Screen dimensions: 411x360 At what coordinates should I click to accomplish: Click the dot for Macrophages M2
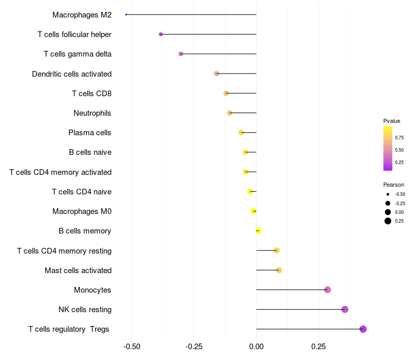tap(126, 15)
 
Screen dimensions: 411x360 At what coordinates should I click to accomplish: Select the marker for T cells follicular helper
tap(161, 34)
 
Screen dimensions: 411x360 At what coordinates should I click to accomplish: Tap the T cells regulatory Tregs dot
tap(363, 329)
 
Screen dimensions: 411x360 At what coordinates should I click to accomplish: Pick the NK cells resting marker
tap(345, 310)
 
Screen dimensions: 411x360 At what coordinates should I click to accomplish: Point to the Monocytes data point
tap(327, 290)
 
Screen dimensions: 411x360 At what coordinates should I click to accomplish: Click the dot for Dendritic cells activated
tap(216, 74)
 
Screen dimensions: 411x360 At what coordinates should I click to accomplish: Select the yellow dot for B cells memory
tap(258, 230)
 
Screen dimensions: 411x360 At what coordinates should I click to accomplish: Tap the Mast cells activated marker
tap(279, 270)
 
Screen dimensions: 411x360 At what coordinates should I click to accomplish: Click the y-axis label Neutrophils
tap(92, 113)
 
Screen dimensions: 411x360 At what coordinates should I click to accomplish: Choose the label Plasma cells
tap(89, 133)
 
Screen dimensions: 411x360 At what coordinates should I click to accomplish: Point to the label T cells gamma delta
tap(78, 54)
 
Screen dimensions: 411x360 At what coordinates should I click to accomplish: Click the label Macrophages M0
tap(82, 211)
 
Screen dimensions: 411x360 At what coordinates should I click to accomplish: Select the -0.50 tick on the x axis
tap(132, 347)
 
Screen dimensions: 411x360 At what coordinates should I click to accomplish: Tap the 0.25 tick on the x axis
tap(319, 347)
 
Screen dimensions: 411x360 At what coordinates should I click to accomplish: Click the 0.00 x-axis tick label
tap(256, 347)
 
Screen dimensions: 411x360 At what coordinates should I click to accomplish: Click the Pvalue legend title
tap(391, 121)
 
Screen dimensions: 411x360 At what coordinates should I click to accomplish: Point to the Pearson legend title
tap(394, 185)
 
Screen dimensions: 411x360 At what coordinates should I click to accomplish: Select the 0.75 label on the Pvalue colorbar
tap(399, 138)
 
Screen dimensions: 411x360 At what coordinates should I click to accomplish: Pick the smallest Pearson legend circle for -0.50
tap(388, 194)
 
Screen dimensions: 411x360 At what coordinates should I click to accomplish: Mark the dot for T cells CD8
tap(226, 93)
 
